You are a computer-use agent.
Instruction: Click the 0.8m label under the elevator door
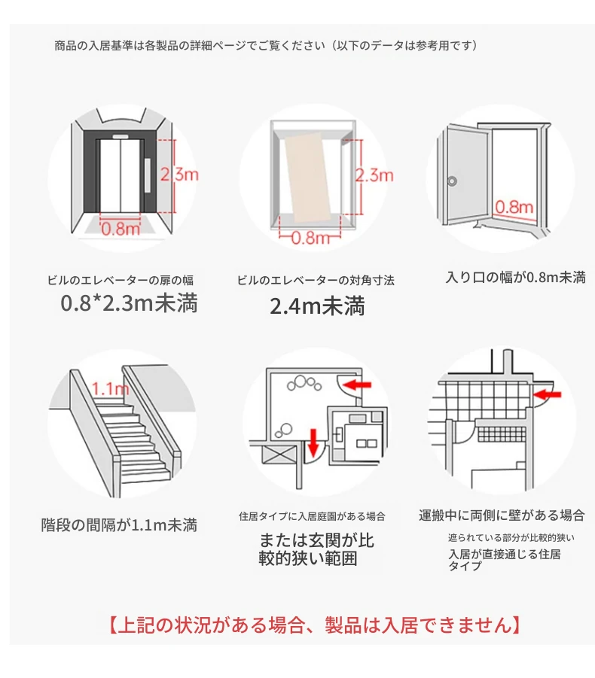coord(121,229)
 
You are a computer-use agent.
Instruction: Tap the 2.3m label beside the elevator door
coord(179,175)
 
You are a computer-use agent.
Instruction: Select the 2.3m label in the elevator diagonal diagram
coord(374,175)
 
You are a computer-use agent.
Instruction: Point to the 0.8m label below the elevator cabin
coord(310,237)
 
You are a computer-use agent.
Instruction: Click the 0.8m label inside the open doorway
coord(514,207)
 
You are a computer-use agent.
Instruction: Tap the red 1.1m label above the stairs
coord(111,389)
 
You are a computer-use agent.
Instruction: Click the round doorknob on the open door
coord(452,181)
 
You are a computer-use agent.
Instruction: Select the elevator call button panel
coord(148,175)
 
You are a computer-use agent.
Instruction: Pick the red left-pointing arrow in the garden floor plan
coord(358,384)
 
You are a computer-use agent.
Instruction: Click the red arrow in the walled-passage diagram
coord(548,394)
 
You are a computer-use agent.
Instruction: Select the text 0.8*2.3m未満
coord(129,303)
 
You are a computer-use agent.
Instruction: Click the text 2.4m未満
coord(317,306)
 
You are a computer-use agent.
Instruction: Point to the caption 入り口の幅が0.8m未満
coord(516,277)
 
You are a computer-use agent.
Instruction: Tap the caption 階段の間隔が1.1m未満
coord(119,525)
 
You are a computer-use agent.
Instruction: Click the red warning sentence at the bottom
coord(315,625)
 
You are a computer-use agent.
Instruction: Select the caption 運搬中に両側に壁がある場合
coord(502,515)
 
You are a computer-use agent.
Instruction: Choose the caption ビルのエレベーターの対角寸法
coord(316,280)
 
